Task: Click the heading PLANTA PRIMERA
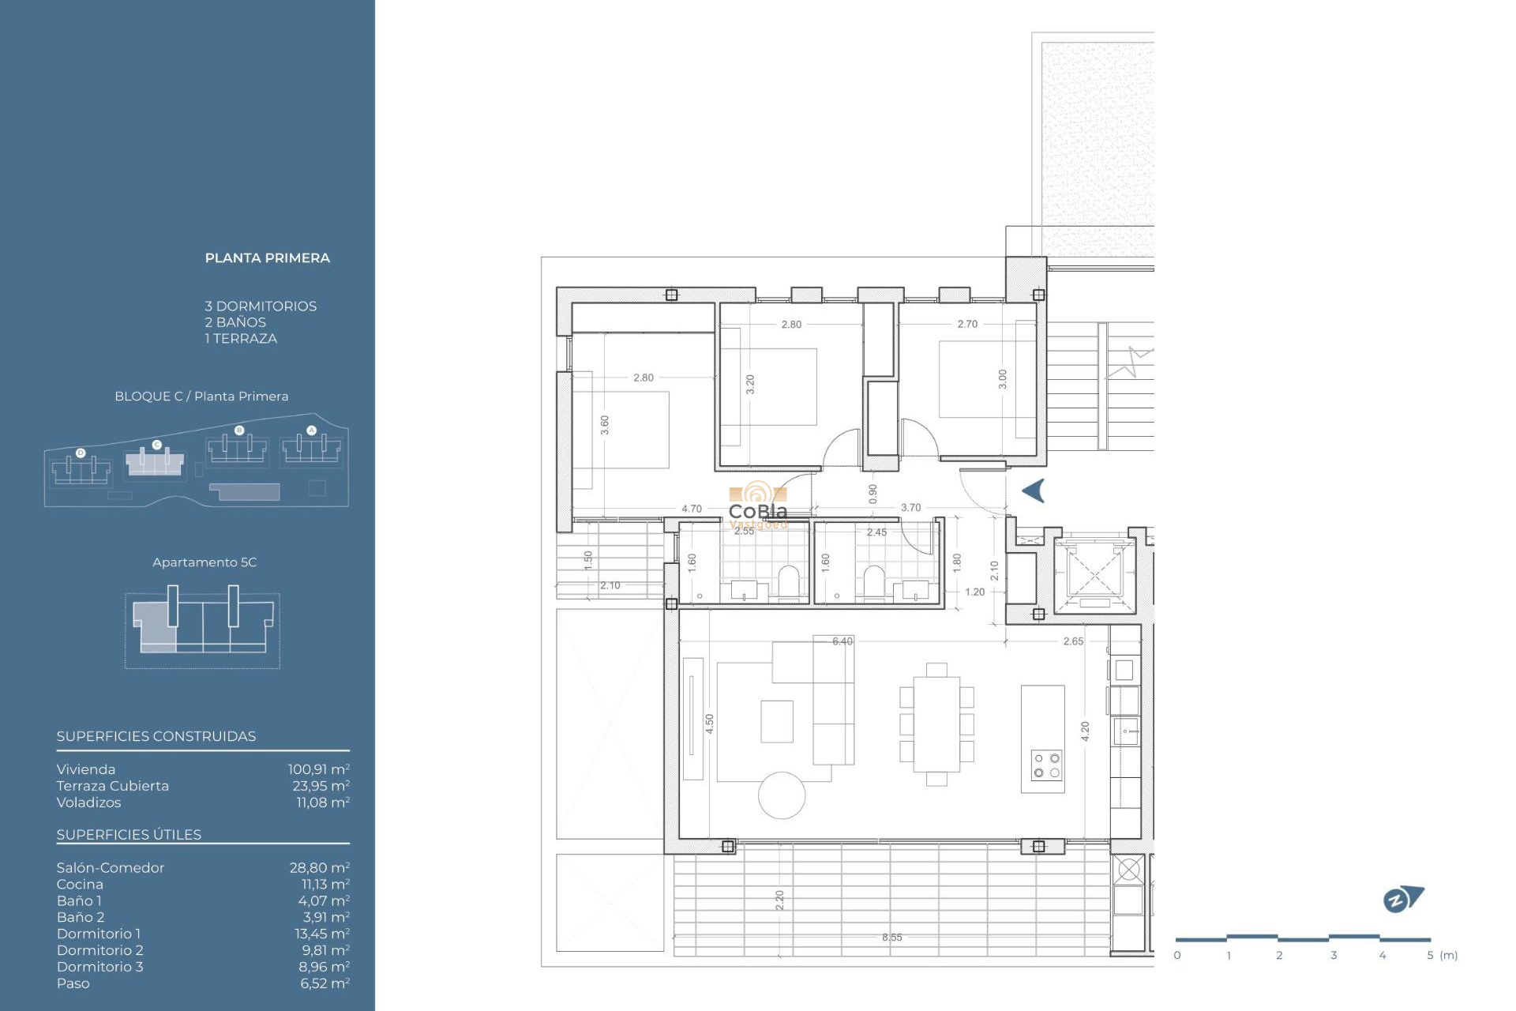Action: tap(267, 258)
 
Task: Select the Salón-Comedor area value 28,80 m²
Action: tap(319, 867)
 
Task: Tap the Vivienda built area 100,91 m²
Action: tap(318, 769)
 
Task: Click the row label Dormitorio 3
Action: tap(99, 967)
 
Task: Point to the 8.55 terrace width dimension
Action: tap(891, 938)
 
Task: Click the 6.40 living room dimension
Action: tap(842, 641)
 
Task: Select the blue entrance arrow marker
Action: tap(1034, 490)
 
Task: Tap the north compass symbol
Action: tap(1402, 899)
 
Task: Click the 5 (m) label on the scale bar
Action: tap(1442, 955)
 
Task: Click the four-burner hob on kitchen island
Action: tap(1046, 765)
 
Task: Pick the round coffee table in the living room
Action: tap(782, 795)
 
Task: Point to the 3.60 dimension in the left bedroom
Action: tap(605, 425)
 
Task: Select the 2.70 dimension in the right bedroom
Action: tap(967, 324)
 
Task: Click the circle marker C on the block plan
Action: tap(156, 445)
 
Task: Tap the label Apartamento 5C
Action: tap(205, 562)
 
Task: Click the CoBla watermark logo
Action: tap(758, 505)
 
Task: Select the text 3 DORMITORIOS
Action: tap(261, 306)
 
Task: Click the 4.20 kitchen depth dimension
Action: tap(1085, 731)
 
